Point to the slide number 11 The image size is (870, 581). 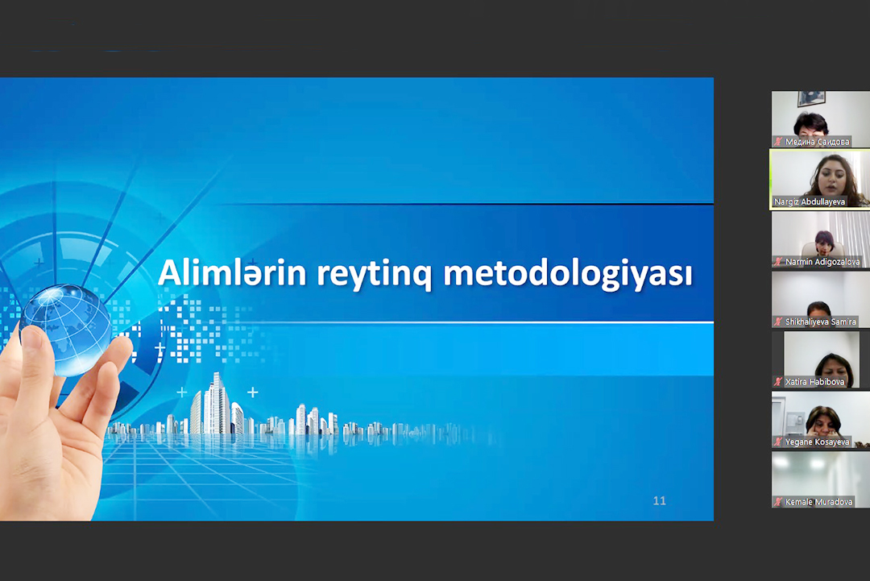click(x=659, y=501)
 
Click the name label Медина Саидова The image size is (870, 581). click(x=817, y=142)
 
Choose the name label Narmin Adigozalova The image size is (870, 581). click(x=822, y=262)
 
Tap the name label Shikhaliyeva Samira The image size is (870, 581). click(x=821, y=322)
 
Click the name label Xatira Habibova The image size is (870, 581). click(x=814, y=382)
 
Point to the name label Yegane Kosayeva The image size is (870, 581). click(x=817, y=442)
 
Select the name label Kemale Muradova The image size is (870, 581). click(x=819, y=502)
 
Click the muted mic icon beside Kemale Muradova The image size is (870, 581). click(x=778, y=502)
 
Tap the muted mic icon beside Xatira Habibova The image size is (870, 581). click(x=778, y=382)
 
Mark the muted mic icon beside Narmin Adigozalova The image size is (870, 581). click(x=778, y=262)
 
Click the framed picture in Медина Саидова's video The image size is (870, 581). click(x=811, y=98)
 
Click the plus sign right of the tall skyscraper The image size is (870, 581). click(x=252, y=392)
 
